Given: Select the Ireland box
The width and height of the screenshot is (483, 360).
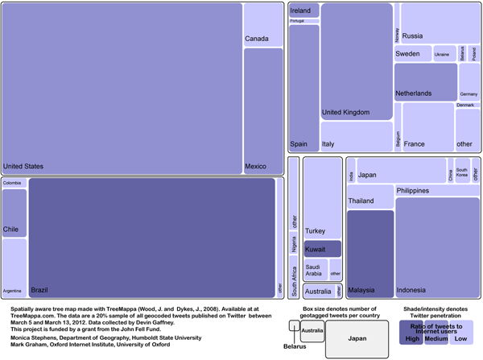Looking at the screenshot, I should pos(304,10).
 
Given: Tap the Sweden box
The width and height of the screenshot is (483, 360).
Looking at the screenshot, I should pos(413,54).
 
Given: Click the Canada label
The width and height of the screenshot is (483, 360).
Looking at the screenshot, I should pos(257,39).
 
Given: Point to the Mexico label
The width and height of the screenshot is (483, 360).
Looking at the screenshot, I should pos(255,167).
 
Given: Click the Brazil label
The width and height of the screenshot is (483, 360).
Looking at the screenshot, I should pos(39,289).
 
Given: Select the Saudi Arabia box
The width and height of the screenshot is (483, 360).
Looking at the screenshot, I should pos(315,270).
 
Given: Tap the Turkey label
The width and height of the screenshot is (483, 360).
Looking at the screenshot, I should pos(316,231).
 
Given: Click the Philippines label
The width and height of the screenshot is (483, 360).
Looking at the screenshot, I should pos(412,191).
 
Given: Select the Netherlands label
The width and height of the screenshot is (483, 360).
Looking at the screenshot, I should pos(414,93).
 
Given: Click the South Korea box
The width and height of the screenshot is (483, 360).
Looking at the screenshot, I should pos(462,172).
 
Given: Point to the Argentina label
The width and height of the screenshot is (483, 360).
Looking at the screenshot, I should pos(12,290).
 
